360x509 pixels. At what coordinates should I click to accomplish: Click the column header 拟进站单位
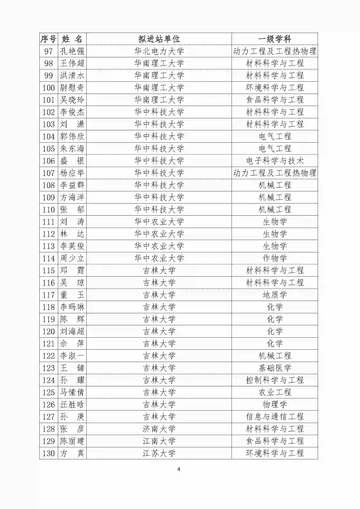[159, 39]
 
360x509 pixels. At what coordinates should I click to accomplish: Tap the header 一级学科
[275, 39]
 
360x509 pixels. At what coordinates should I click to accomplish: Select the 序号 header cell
[49, 39]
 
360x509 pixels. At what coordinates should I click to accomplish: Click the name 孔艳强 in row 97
[72, 51]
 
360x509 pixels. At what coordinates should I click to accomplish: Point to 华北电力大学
[159, 51]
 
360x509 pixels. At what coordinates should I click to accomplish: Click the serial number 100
[49, 88]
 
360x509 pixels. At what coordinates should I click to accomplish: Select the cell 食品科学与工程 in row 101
[275, 100]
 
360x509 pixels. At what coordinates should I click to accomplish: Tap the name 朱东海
[72, 149]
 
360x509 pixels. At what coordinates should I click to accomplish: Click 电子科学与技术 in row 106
[275, 161]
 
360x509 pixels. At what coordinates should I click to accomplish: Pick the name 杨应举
[72, 173]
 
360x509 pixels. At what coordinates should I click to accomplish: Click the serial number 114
[49, 258]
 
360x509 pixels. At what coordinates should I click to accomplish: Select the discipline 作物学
[275, 258]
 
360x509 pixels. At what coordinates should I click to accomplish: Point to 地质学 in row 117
[275, 295]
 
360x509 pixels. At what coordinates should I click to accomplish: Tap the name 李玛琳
[72, 307]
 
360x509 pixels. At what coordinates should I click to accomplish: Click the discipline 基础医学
[275, 368]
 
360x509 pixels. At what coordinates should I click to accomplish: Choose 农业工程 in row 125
[275, 392]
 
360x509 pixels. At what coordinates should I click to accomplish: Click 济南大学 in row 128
[159, 429]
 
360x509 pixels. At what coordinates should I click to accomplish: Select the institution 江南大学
[159, 441]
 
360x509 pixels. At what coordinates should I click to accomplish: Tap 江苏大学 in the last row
[159, 453]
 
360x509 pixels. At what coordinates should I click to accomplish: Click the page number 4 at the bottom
[179, 469]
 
